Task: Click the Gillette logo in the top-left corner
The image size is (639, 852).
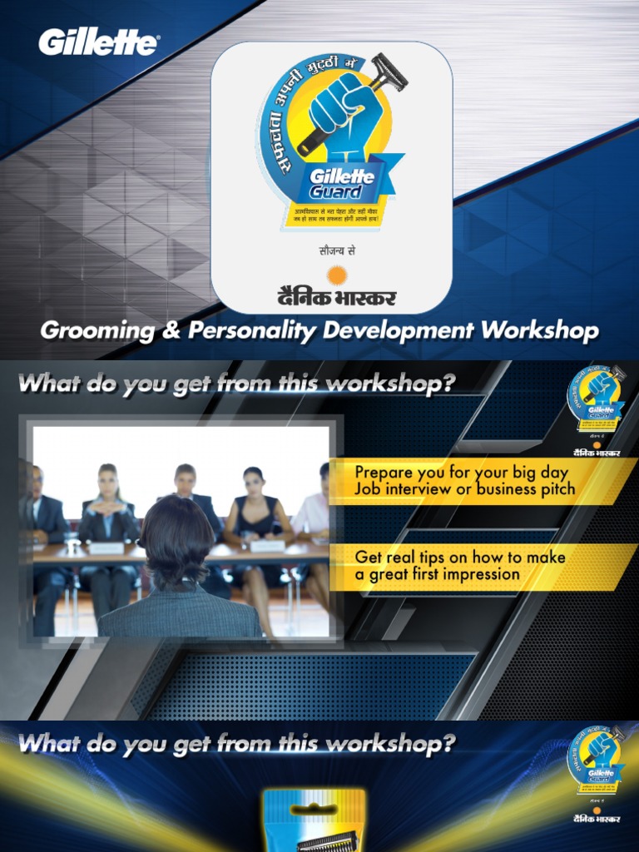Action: pyautogui.click(x=98, y=42)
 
